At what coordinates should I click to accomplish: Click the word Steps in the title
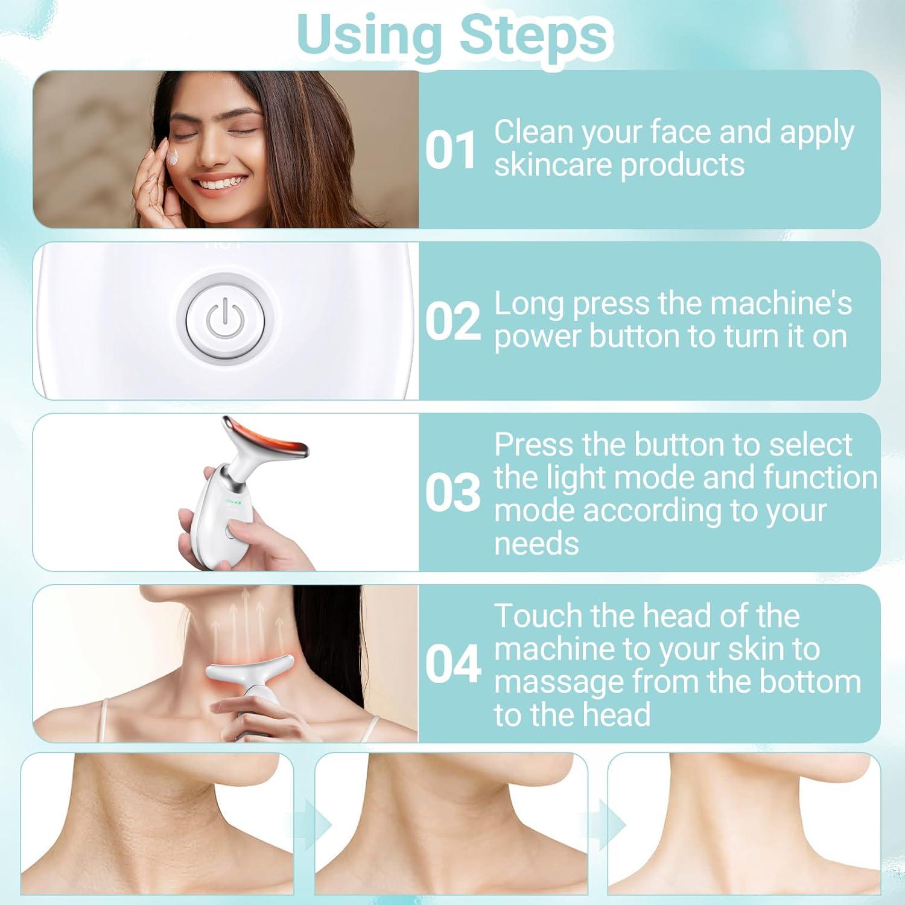pos(533,35)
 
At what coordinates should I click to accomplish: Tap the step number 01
pos(451,150)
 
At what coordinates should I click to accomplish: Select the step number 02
pos(453,321)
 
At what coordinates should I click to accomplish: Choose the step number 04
pos(453,664)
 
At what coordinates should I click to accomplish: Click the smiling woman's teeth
pos(218,183)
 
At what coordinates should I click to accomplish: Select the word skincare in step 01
pos(554,165)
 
